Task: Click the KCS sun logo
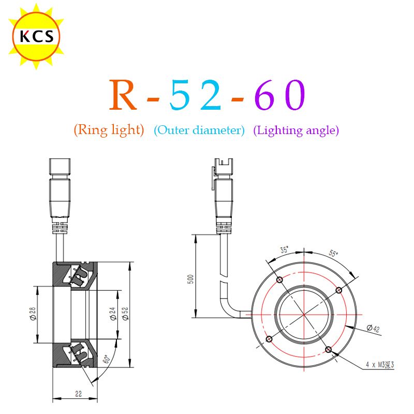[x=36, y=36]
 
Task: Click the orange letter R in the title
[x=123, y=95]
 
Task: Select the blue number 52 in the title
[x=195, y=95]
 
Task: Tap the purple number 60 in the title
[x=280, y=95]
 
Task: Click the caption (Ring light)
[x=109, y=130]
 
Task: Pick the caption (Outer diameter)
[x=199, y=130]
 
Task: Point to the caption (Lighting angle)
[x=296, y=130]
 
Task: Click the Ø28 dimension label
[x=33, y=314]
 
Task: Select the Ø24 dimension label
[x=113, y=314]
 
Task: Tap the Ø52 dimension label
[x=125, y=314]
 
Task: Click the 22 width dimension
[x=79, y=394]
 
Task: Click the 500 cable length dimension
[x=190, y=279]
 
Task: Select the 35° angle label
[x=284, y=249]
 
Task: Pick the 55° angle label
[x=333, y=253]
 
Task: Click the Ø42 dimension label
[x=373, y=328]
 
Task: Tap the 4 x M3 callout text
[x=380, y=365]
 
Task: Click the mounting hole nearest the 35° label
[x=279, y=279]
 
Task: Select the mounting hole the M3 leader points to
[x=328, y=350]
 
